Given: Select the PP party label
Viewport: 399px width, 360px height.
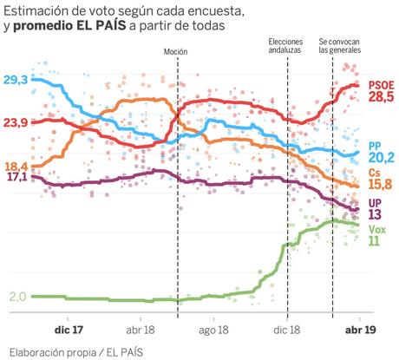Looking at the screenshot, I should pos(376,145).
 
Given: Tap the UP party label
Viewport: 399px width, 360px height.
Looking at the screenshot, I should pos(376,202).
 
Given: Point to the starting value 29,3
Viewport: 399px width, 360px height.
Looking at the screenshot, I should pos(16,80).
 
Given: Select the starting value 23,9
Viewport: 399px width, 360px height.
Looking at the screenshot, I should pos(16,122).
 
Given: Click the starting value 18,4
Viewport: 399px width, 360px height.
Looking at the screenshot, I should pos(16,166).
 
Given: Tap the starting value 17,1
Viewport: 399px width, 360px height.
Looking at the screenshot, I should pos(16,177).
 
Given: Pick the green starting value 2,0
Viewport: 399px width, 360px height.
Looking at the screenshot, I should pos(17,297).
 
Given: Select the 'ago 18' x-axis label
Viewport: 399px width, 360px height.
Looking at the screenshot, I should pos(212,331).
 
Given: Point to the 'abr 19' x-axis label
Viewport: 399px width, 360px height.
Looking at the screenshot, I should pos(360,331).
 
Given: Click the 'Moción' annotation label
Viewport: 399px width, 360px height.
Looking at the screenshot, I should pos(177,51).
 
